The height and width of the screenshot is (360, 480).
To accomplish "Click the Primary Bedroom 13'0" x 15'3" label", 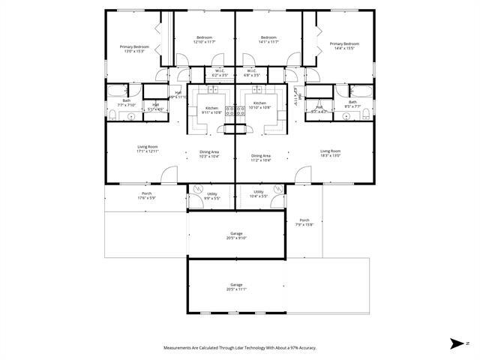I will point(135,49).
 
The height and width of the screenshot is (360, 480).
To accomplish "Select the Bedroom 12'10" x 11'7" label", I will point(205,40).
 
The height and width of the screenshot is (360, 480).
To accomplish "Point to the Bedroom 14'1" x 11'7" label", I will point(268,40).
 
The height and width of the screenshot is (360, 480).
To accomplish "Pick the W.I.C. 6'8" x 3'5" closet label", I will point(252,73).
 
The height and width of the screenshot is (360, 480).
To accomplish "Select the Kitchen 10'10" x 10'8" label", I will point(259,105).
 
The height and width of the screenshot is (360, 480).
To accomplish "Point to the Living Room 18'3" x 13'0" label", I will point(331,153).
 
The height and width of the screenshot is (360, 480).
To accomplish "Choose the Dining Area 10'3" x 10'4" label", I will point(209,154).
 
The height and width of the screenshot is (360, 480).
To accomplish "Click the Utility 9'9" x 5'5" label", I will point(212,196).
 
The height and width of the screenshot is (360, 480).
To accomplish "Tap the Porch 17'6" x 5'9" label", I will point(146,196).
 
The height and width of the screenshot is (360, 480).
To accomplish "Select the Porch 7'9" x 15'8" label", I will point(304,222).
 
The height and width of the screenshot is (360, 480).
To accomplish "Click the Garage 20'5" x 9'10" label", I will point(236,236).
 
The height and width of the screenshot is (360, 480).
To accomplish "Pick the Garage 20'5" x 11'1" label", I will point(236,287).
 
